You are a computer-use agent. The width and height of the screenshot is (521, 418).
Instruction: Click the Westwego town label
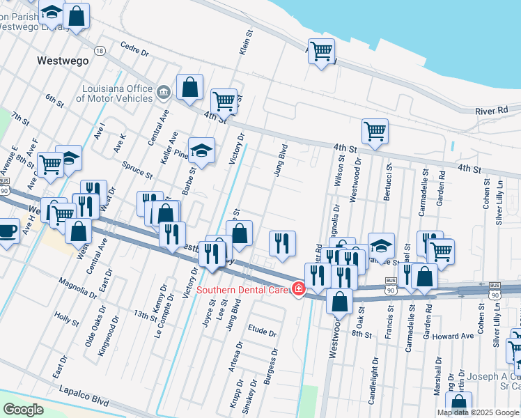tap(63, 61)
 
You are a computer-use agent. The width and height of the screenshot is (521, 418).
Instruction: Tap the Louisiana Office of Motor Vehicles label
tap(117, 93)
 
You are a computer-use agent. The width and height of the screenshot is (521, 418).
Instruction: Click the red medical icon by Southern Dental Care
tap(299, 290)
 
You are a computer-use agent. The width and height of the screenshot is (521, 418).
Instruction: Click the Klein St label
tap(244, 47)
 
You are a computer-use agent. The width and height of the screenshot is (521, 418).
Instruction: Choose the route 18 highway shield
tap(100, 51)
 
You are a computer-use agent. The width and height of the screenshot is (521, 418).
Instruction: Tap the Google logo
tap(24, 409)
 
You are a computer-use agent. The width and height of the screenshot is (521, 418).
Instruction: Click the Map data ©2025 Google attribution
tap(478, 412)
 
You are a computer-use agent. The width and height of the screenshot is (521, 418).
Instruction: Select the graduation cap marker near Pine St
tap(201, 151)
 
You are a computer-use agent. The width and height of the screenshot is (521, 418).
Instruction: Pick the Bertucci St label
tap(388, 183)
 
